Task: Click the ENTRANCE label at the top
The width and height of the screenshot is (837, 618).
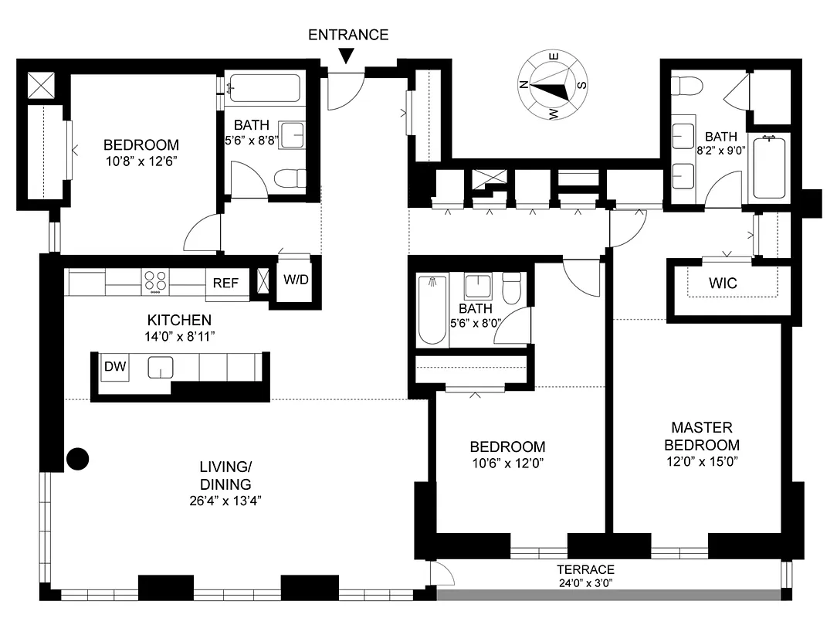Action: (x=348, y=35)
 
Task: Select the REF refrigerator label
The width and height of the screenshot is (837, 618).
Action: (x=225, y=283)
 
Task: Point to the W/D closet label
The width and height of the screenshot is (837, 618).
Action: (x=295, y=280)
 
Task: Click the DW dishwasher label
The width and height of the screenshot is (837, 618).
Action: (x=115, y=366)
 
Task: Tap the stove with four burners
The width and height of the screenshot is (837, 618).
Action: (x=156, y=282)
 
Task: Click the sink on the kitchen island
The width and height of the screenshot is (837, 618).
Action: (x=160, y=367)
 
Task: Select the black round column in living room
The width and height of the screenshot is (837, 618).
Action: (x=77, y=459)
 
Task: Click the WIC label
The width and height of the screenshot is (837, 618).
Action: (x=723, y=284)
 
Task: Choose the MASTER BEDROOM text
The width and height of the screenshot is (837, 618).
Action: (x=701, y=436)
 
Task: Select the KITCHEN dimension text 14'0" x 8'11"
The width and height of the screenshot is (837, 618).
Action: (x=180, y=336)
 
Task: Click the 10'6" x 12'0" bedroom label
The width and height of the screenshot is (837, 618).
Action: (x=507, y=463)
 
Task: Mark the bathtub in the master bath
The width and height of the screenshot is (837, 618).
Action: (x=768, y=168)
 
